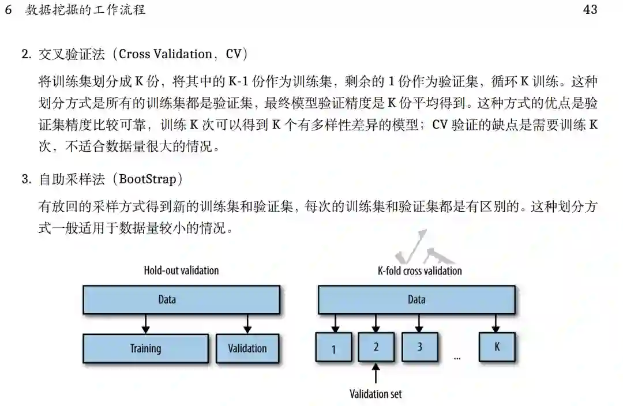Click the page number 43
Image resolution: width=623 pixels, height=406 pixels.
point(590,10)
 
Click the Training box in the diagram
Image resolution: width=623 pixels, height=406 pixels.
point(145,348)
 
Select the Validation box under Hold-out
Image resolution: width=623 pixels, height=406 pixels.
point(247,348)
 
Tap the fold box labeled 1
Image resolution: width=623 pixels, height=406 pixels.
point(333,348)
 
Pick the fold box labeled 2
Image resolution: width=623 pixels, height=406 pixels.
point(376,347)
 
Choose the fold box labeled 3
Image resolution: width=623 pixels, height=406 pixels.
point(419,347)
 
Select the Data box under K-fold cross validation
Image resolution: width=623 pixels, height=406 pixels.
point(416,299)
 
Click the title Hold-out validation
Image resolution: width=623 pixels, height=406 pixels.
point(181,270)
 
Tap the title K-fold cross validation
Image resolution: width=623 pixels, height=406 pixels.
point(419,270)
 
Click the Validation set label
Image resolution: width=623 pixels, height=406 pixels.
point(376,394)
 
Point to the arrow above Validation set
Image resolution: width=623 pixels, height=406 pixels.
point(376,374)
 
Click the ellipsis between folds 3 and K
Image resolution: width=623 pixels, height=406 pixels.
point(457,358)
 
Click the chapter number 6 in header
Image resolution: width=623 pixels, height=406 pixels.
point(8,10)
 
